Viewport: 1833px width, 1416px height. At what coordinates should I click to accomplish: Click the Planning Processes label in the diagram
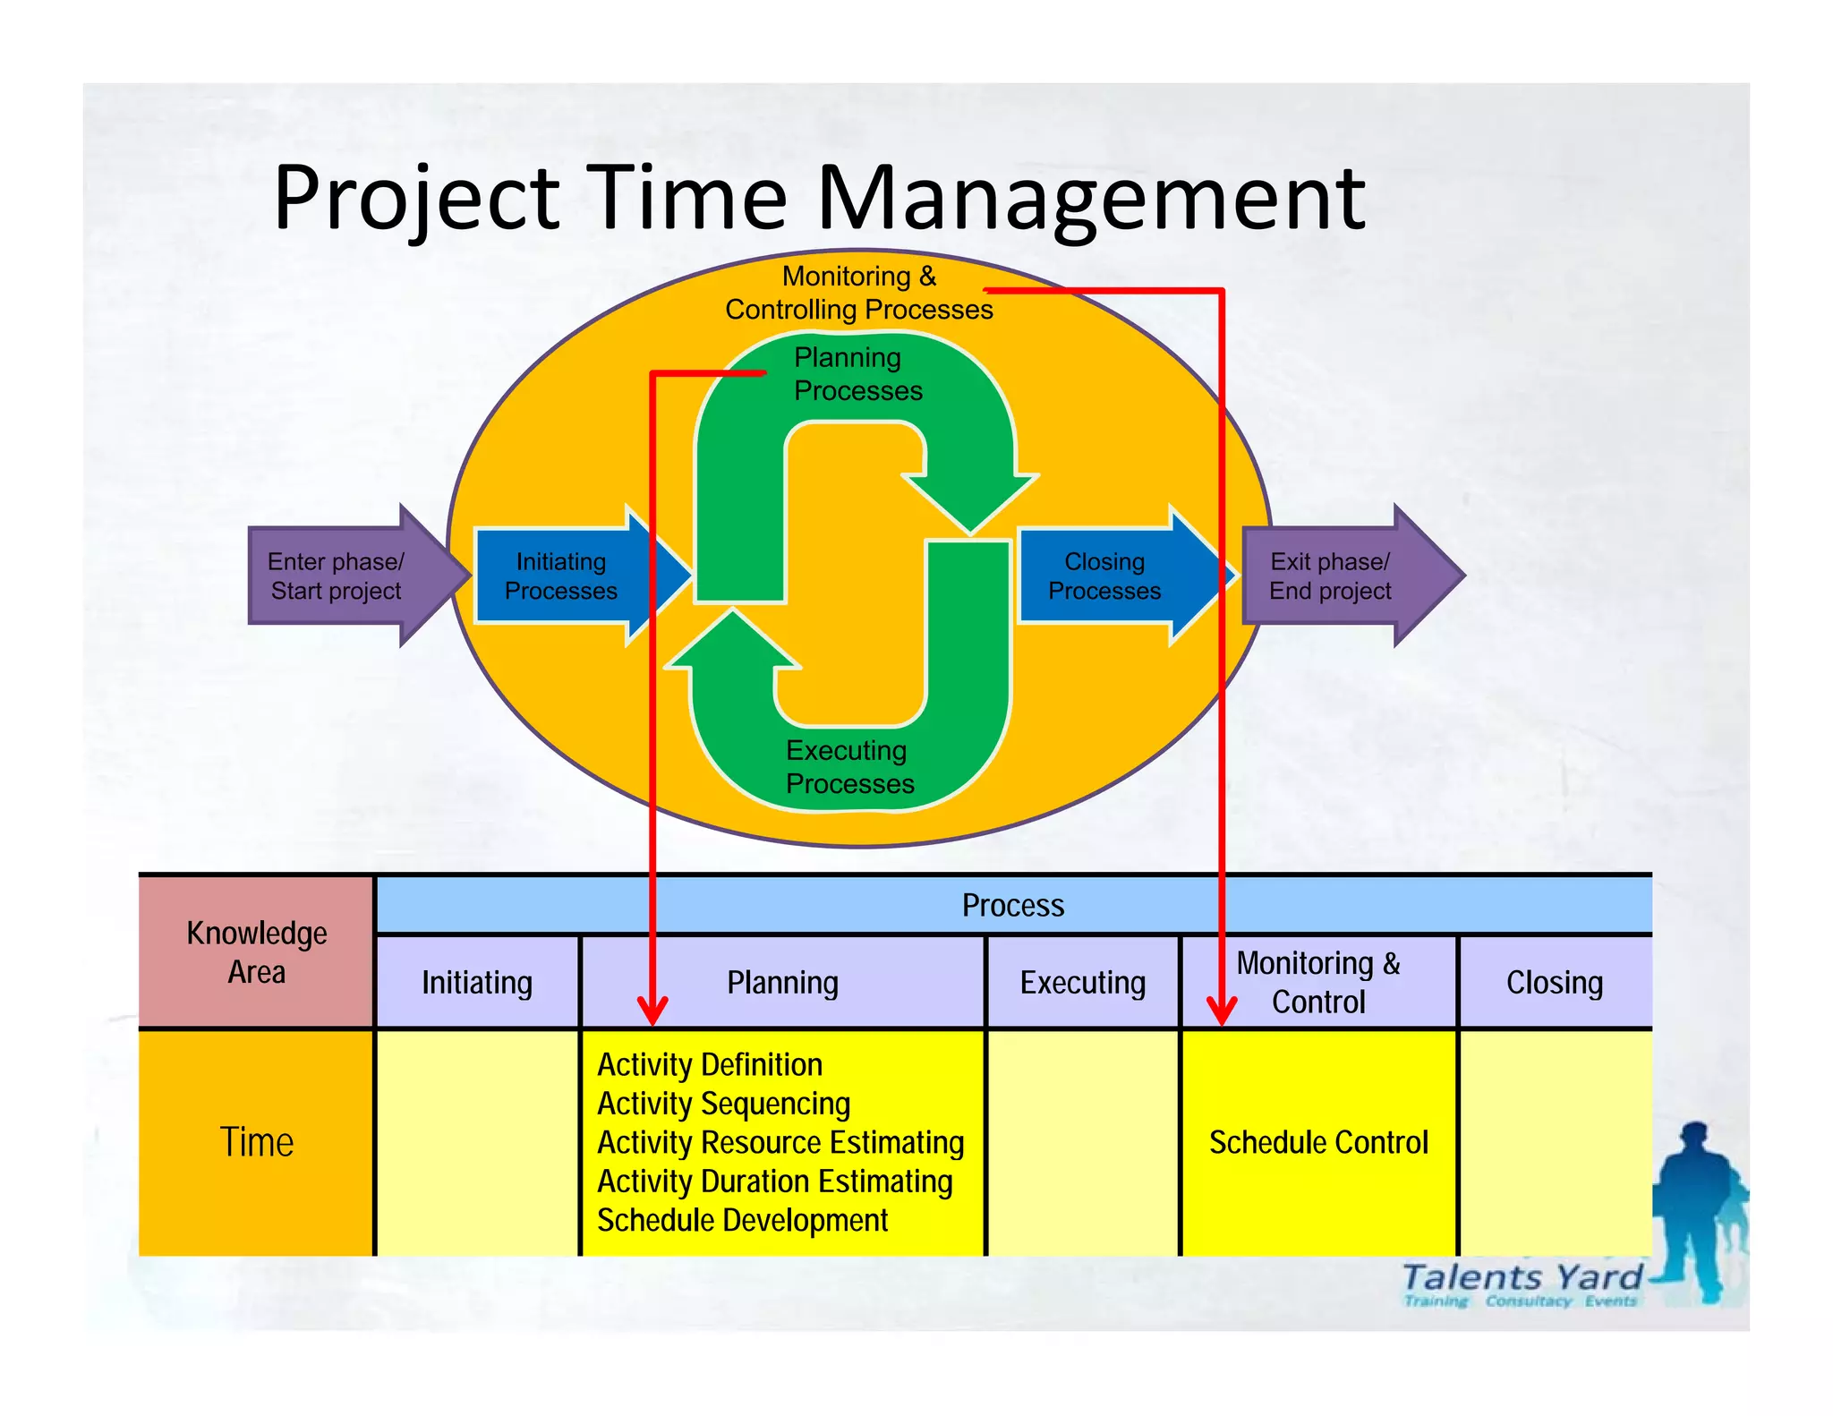click(857, 374)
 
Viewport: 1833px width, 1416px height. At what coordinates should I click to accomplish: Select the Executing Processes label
click(849, 767)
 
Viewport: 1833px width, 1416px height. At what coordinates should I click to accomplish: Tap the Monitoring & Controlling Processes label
click(858, 293)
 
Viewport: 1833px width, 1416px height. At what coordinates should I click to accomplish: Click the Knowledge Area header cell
click(256, 952)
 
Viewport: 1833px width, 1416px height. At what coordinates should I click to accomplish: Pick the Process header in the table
click(1012, 906)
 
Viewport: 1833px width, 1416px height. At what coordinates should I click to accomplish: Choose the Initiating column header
click(477, 983)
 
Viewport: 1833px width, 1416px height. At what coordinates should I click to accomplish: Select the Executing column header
click(1082, 983)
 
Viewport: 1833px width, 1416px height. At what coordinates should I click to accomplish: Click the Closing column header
click(1554, 983)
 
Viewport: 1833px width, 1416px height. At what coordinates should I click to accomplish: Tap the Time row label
click(256, 1142)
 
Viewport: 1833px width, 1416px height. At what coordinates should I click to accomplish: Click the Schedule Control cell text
click(1317, 1143)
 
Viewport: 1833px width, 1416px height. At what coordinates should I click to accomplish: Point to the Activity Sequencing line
click(723, 1105)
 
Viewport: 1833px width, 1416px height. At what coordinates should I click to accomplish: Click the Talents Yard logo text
click(1522, 1277)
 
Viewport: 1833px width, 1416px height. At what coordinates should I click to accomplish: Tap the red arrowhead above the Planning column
click(652, 1011)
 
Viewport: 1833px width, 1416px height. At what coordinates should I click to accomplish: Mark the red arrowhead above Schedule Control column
click(1222, 1011)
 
